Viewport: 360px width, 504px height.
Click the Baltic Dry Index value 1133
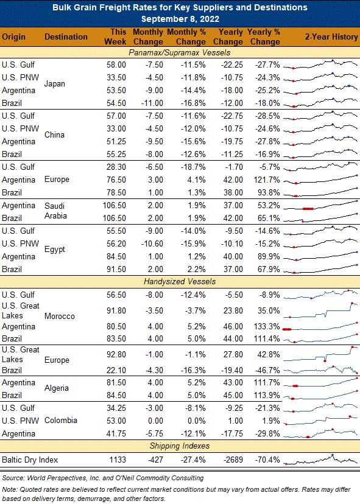coord(118,460)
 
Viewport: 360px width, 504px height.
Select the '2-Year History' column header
coord(331,37)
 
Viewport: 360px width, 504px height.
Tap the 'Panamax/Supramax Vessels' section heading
coord(180,52)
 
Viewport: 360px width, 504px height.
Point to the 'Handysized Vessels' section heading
coord(180,282)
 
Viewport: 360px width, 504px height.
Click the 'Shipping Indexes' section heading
coord(180,446)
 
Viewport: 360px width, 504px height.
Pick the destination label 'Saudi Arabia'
coord(55,211)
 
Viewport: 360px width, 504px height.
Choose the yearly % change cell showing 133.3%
coord(267,327)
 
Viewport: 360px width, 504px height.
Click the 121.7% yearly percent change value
coord(267,180)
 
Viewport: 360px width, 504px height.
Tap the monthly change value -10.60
coord(152,243)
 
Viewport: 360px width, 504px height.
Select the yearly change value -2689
coord(233,460)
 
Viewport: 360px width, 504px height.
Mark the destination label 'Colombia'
coord(61,421)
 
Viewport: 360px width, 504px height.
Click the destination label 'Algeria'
coord(57,388)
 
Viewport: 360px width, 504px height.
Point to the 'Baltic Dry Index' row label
coord(30,460)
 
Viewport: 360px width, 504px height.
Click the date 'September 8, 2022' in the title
coord(180,19)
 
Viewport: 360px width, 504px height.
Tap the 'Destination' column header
coord(66,37)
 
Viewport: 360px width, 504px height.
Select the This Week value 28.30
coord(116,167)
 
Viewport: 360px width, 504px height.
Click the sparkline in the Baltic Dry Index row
coord(321,460)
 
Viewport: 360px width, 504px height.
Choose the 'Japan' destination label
coord(55,83)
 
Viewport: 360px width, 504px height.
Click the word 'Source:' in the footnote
coord(13,478)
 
